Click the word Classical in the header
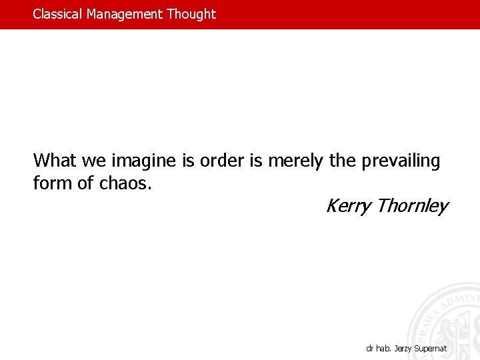point(58,14)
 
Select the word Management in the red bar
point(125,14)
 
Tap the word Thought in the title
point(191,14)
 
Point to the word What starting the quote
point(55,161)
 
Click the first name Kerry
point(347,207)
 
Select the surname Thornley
point(411,207)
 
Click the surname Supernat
point(432,349)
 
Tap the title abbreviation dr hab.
point(379,349)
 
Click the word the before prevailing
point(343,161)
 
